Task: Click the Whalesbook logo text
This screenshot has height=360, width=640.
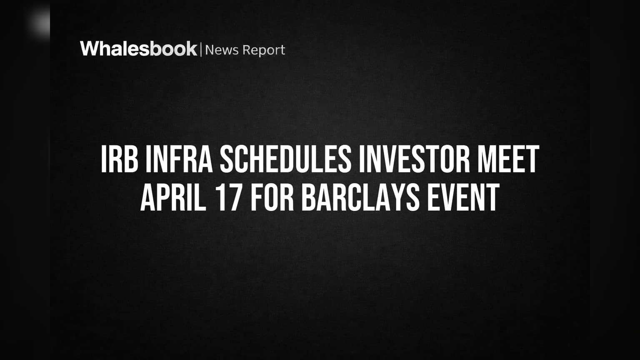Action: tap(139, 49)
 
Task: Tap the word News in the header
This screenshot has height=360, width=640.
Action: tap(222, 50)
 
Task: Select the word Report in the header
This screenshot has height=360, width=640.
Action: tap(264, 50)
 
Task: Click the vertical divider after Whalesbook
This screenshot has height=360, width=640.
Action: tap(201, 50)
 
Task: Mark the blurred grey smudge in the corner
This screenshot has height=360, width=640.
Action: tap(39, 22)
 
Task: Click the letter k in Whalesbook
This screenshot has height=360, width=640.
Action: tap(191, 49)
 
